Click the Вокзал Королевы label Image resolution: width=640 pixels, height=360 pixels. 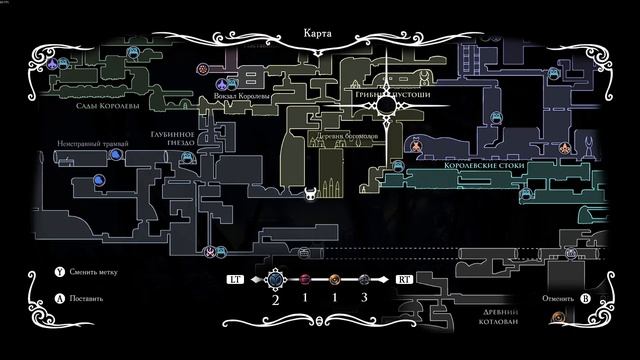point(252,98)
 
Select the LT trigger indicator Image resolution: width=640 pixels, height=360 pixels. point(236,281)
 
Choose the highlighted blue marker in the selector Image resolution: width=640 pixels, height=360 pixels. point(277,280)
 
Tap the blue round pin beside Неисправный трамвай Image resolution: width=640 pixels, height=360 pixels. point(100,181)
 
